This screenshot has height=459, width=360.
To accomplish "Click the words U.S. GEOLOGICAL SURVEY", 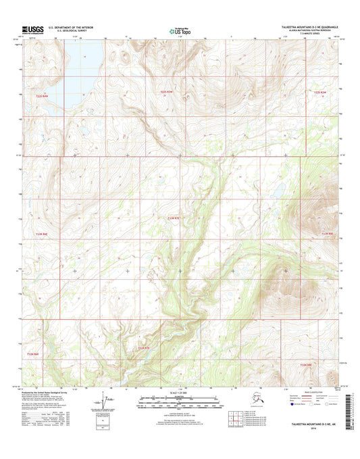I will pos(72,31).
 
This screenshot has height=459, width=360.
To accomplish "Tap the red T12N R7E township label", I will pos(144,347).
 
